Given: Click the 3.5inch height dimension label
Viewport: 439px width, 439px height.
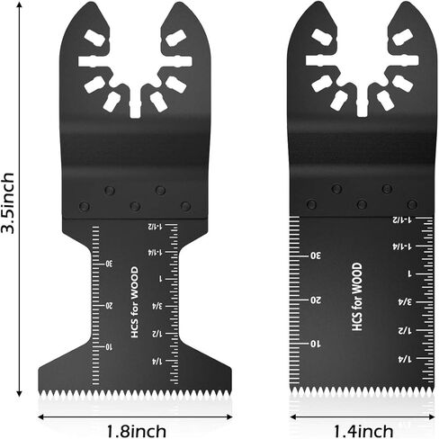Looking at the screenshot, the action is coord(8,203).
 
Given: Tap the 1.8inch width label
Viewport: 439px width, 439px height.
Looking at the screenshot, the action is coord(137,431).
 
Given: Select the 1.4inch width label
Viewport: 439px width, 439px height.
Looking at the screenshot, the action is coord(363,431).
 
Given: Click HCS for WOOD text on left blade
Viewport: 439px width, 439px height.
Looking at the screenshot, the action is coord(135,302).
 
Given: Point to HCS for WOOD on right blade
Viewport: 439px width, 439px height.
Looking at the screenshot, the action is coord(357,297).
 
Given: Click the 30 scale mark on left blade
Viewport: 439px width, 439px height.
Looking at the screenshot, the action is coord(109,264).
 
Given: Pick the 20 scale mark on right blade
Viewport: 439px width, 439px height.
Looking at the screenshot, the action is coord(316,300).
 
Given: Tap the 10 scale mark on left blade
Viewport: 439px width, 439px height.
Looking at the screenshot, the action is coord(109,347).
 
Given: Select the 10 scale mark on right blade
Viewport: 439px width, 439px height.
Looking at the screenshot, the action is coord(315,344).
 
